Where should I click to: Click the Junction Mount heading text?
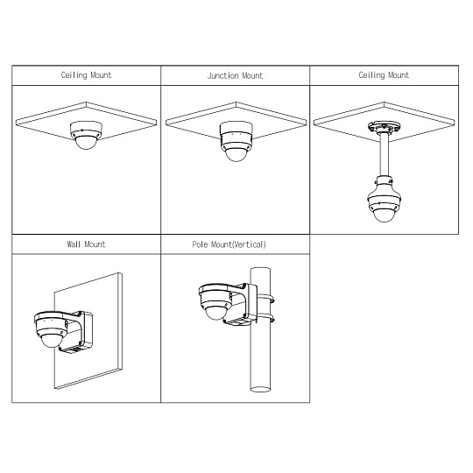click(235, 75)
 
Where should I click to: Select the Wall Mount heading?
click(86, 244)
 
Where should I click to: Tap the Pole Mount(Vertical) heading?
click(229, 244)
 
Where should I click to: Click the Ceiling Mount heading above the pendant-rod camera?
click(384, 75)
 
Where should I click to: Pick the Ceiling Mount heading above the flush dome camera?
click(86, 75)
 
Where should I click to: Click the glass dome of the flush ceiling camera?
click(86, 143)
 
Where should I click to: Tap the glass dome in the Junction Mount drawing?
click(236, 154)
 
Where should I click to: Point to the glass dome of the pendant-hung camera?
click(384, 215)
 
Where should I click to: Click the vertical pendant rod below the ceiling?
click(384, 154)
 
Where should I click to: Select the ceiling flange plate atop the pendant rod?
click(384, 127)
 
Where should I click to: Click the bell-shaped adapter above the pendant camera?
click(384, 187)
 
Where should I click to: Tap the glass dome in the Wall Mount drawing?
click(52, 340)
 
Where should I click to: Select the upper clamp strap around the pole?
click(266, 300)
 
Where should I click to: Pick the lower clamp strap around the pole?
click(266, 318)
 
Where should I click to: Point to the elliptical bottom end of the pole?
click(260, 389)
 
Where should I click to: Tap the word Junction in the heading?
click(222, 75)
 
